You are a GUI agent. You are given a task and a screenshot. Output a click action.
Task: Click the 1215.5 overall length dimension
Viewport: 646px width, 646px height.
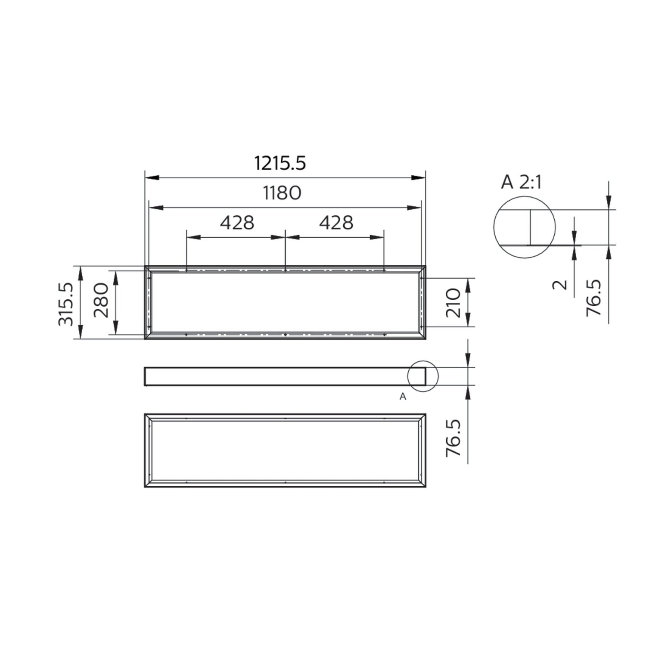click(x=280, y=164)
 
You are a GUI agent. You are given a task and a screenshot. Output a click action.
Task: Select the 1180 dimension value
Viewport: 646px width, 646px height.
click(x=282, y=193)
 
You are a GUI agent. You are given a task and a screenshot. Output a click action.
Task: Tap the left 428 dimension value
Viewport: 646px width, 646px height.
click(x=237, y=223)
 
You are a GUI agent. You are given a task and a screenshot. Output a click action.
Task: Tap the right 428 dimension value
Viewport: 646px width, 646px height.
click(x=336, y=223)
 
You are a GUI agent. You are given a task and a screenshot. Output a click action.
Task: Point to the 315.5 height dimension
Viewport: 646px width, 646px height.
click(x=66, y=304)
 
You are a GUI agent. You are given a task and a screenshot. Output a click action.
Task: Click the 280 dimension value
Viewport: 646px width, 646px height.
click(x=102, y=300)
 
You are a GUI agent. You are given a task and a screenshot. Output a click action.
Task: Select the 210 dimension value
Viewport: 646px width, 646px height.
click(x=453, y=303)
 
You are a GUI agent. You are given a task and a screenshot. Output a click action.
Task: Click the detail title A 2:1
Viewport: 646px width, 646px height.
click(x=521, y=183)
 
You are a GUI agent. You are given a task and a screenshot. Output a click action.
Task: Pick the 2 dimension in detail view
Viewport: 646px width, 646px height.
click(x=560, y=284)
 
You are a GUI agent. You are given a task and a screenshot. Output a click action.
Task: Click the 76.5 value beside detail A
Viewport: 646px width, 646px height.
click(x=594, y=298)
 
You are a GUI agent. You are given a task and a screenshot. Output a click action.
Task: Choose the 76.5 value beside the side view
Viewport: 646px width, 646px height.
click(x=453, y=438)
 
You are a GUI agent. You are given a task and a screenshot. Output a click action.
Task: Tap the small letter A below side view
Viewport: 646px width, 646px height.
click(x=403, y=397)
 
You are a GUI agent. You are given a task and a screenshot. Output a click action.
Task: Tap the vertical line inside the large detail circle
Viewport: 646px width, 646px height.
click(x=530, y=227)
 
